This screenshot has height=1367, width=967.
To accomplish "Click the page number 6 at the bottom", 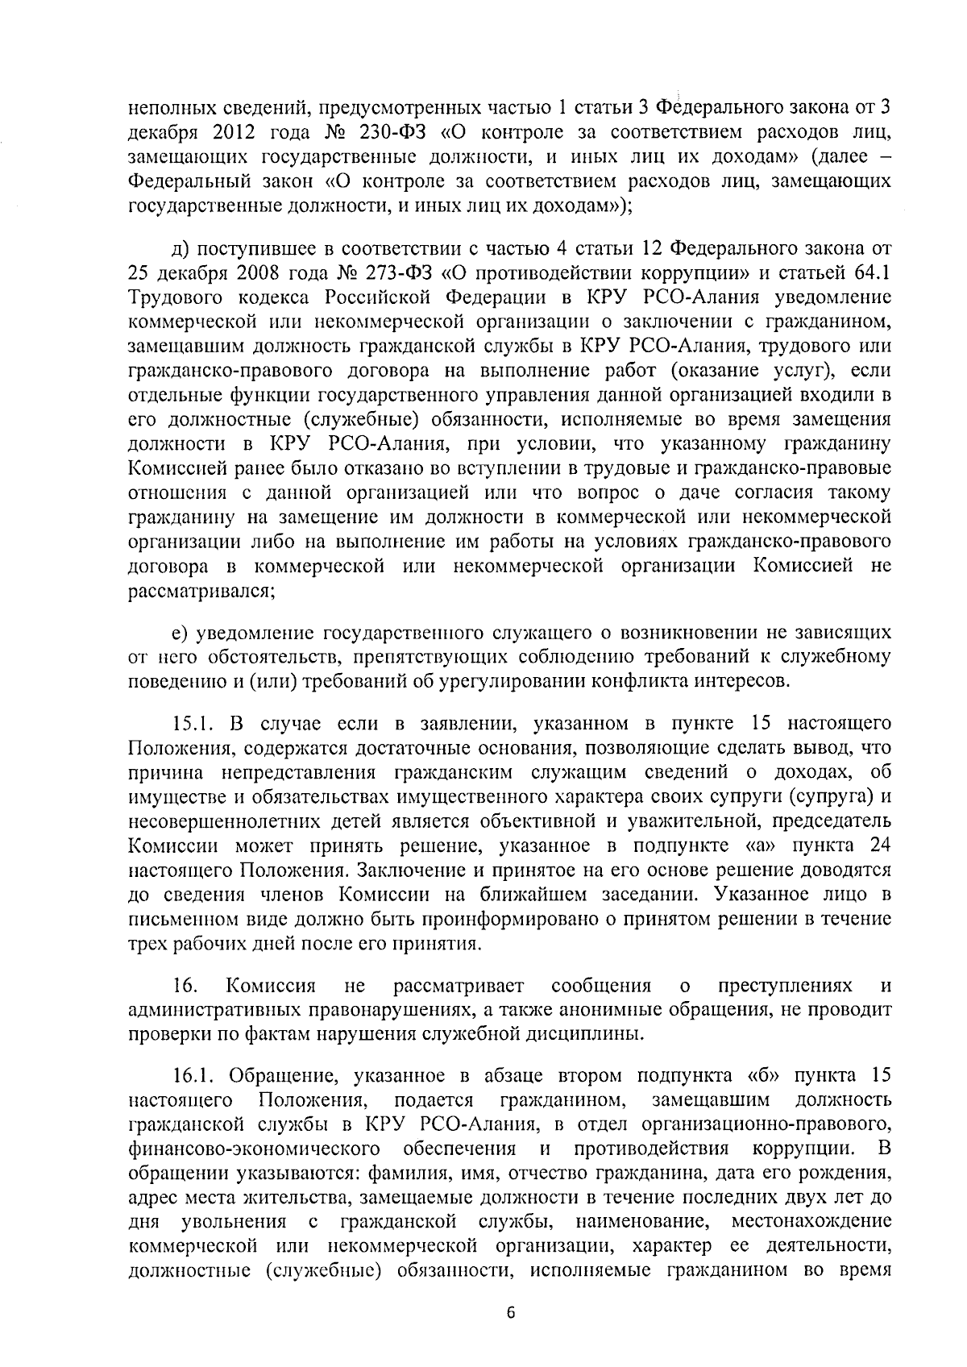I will [510, 1313].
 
